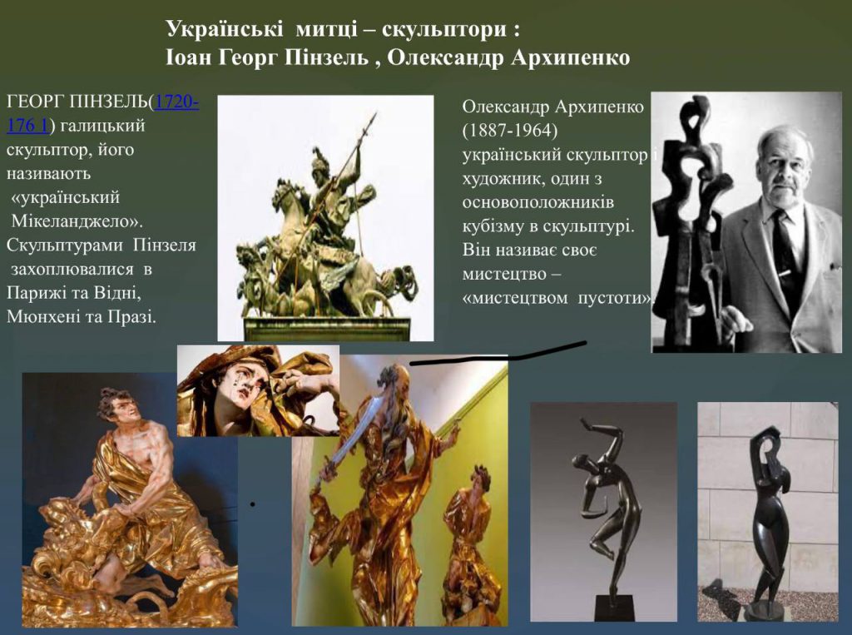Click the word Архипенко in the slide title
570,57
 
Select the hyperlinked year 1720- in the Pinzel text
176,102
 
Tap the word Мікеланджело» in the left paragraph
77,221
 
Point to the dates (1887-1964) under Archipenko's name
510,131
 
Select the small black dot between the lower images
253,504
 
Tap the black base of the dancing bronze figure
614,607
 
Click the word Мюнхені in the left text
42,316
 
